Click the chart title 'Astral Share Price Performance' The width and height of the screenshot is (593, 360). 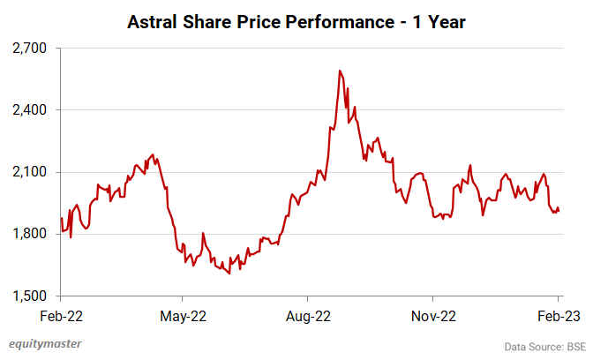coord(296,20)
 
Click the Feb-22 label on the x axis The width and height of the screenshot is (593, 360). coord(61,315)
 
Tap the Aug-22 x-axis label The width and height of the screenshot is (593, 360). coord(310,315)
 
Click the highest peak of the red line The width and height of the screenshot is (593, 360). coord(339,71)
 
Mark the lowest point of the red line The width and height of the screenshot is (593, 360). coord(229,274)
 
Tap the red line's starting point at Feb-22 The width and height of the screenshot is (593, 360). coord(61,218)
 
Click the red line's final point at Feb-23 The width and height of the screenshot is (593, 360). coord(559,211)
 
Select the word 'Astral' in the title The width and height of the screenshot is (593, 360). coord(152,20)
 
